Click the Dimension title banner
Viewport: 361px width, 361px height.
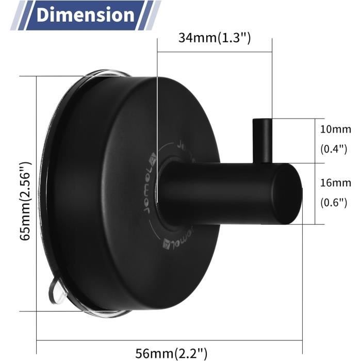click(86, 15)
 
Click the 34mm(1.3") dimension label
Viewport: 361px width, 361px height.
click(215, 38)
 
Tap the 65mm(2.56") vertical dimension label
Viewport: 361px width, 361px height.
click(25, 201)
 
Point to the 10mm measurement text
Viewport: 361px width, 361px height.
click(335, 129)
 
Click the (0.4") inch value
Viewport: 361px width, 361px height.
click(334, 149)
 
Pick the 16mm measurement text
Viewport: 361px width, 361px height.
click(335, 183)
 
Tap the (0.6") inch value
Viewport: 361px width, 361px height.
click(334, 203)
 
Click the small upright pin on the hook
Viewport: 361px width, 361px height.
click(262, 141)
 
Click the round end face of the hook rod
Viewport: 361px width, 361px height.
click(287, 194)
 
